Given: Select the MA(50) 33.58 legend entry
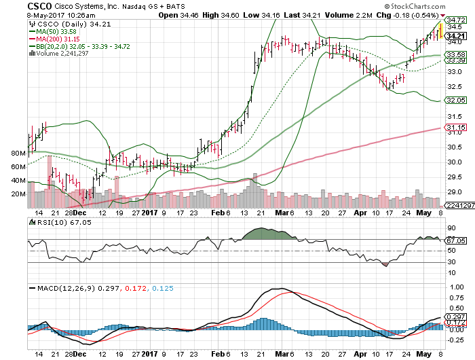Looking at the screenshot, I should coord(53,31).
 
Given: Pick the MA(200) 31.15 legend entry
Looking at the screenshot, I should coord(55,39).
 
